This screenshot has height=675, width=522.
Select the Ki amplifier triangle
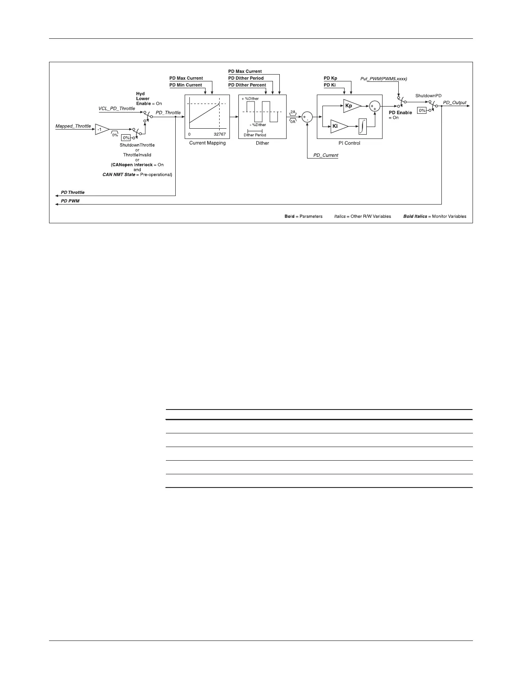[x=338, y=126]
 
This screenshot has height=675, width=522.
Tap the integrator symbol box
[x=363, y=126]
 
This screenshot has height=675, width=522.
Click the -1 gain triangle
[x=101, y=129]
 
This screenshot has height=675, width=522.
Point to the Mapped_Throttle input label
[x=73, y=126]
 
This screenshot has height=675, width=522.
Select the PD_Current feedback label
[x=326, y=155]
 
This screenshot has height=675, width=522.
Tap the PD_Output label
[x=455, y=103]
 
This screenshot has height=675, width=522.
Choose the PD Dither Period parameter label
[x=246, y=78]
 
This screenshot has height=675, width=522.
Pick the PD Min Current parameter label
[x=186, y=85]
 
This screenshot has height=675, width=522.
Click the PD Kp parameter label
[x=331, y=78]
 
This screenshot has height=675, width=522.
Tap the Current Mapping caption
[x=207, y=143]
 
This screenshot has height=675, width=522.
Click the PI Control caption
[x=349, y=143]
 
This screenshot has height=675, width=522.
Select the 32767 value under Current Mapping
[x=220, y=134]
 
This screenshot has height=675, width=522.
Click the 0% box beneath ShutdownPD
[x=422, y=110]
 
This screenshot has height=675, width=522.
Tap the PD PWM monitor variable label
[x=70, y=201]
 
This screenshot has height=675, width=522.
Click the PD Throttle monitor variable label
[x=73, y=193]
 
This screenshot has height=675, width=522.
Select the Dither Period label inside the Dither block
[x=255, y=135]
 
